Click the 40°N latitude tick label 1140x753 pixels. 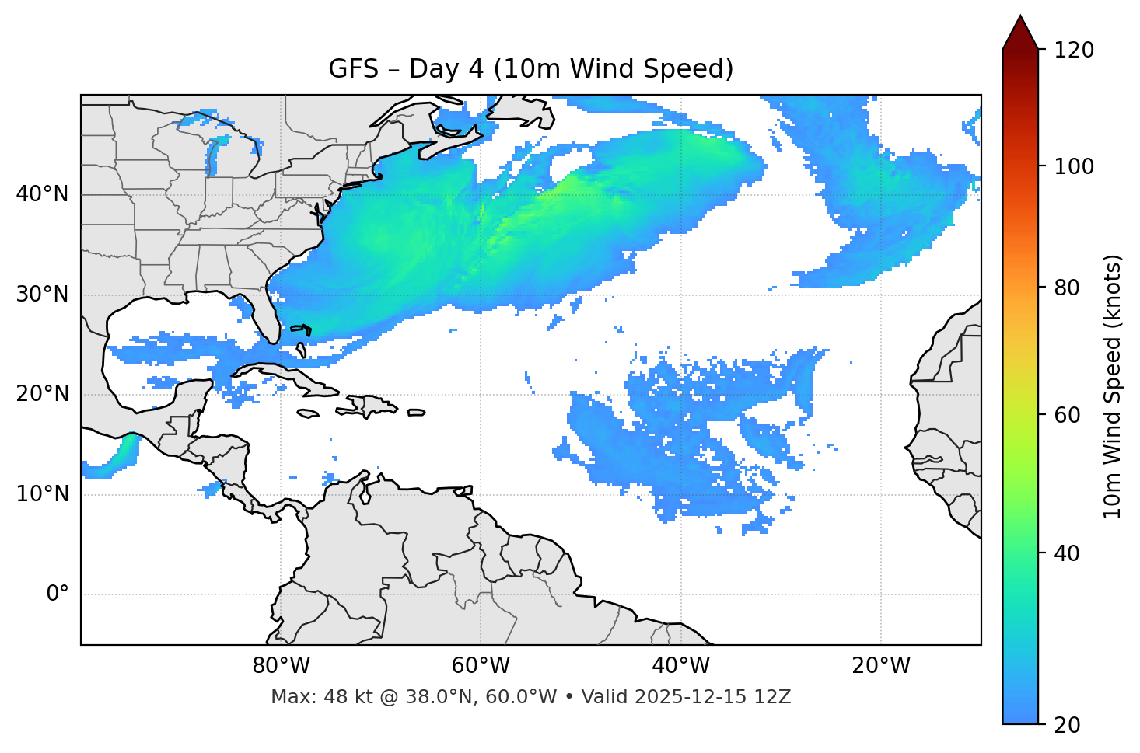pos(42,194)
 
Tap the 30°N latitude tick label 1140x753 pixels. pos(42,295)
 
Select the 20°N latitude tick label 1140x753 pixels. pos(42,394)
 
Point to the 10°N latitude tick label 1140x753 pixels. pos(42,494)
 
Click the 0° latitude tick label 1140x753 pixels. pos(58,594)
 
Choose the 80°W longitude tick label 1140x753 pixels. pos(281,666)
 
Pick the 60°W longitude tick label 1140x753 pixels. pos(481,666)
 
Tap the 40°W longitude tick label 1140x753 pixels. pos(680,666)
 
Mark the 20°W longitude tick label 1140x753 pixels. pos(881,666)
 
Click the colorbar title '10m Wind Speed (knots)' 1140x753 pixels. pos(1114,386)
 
